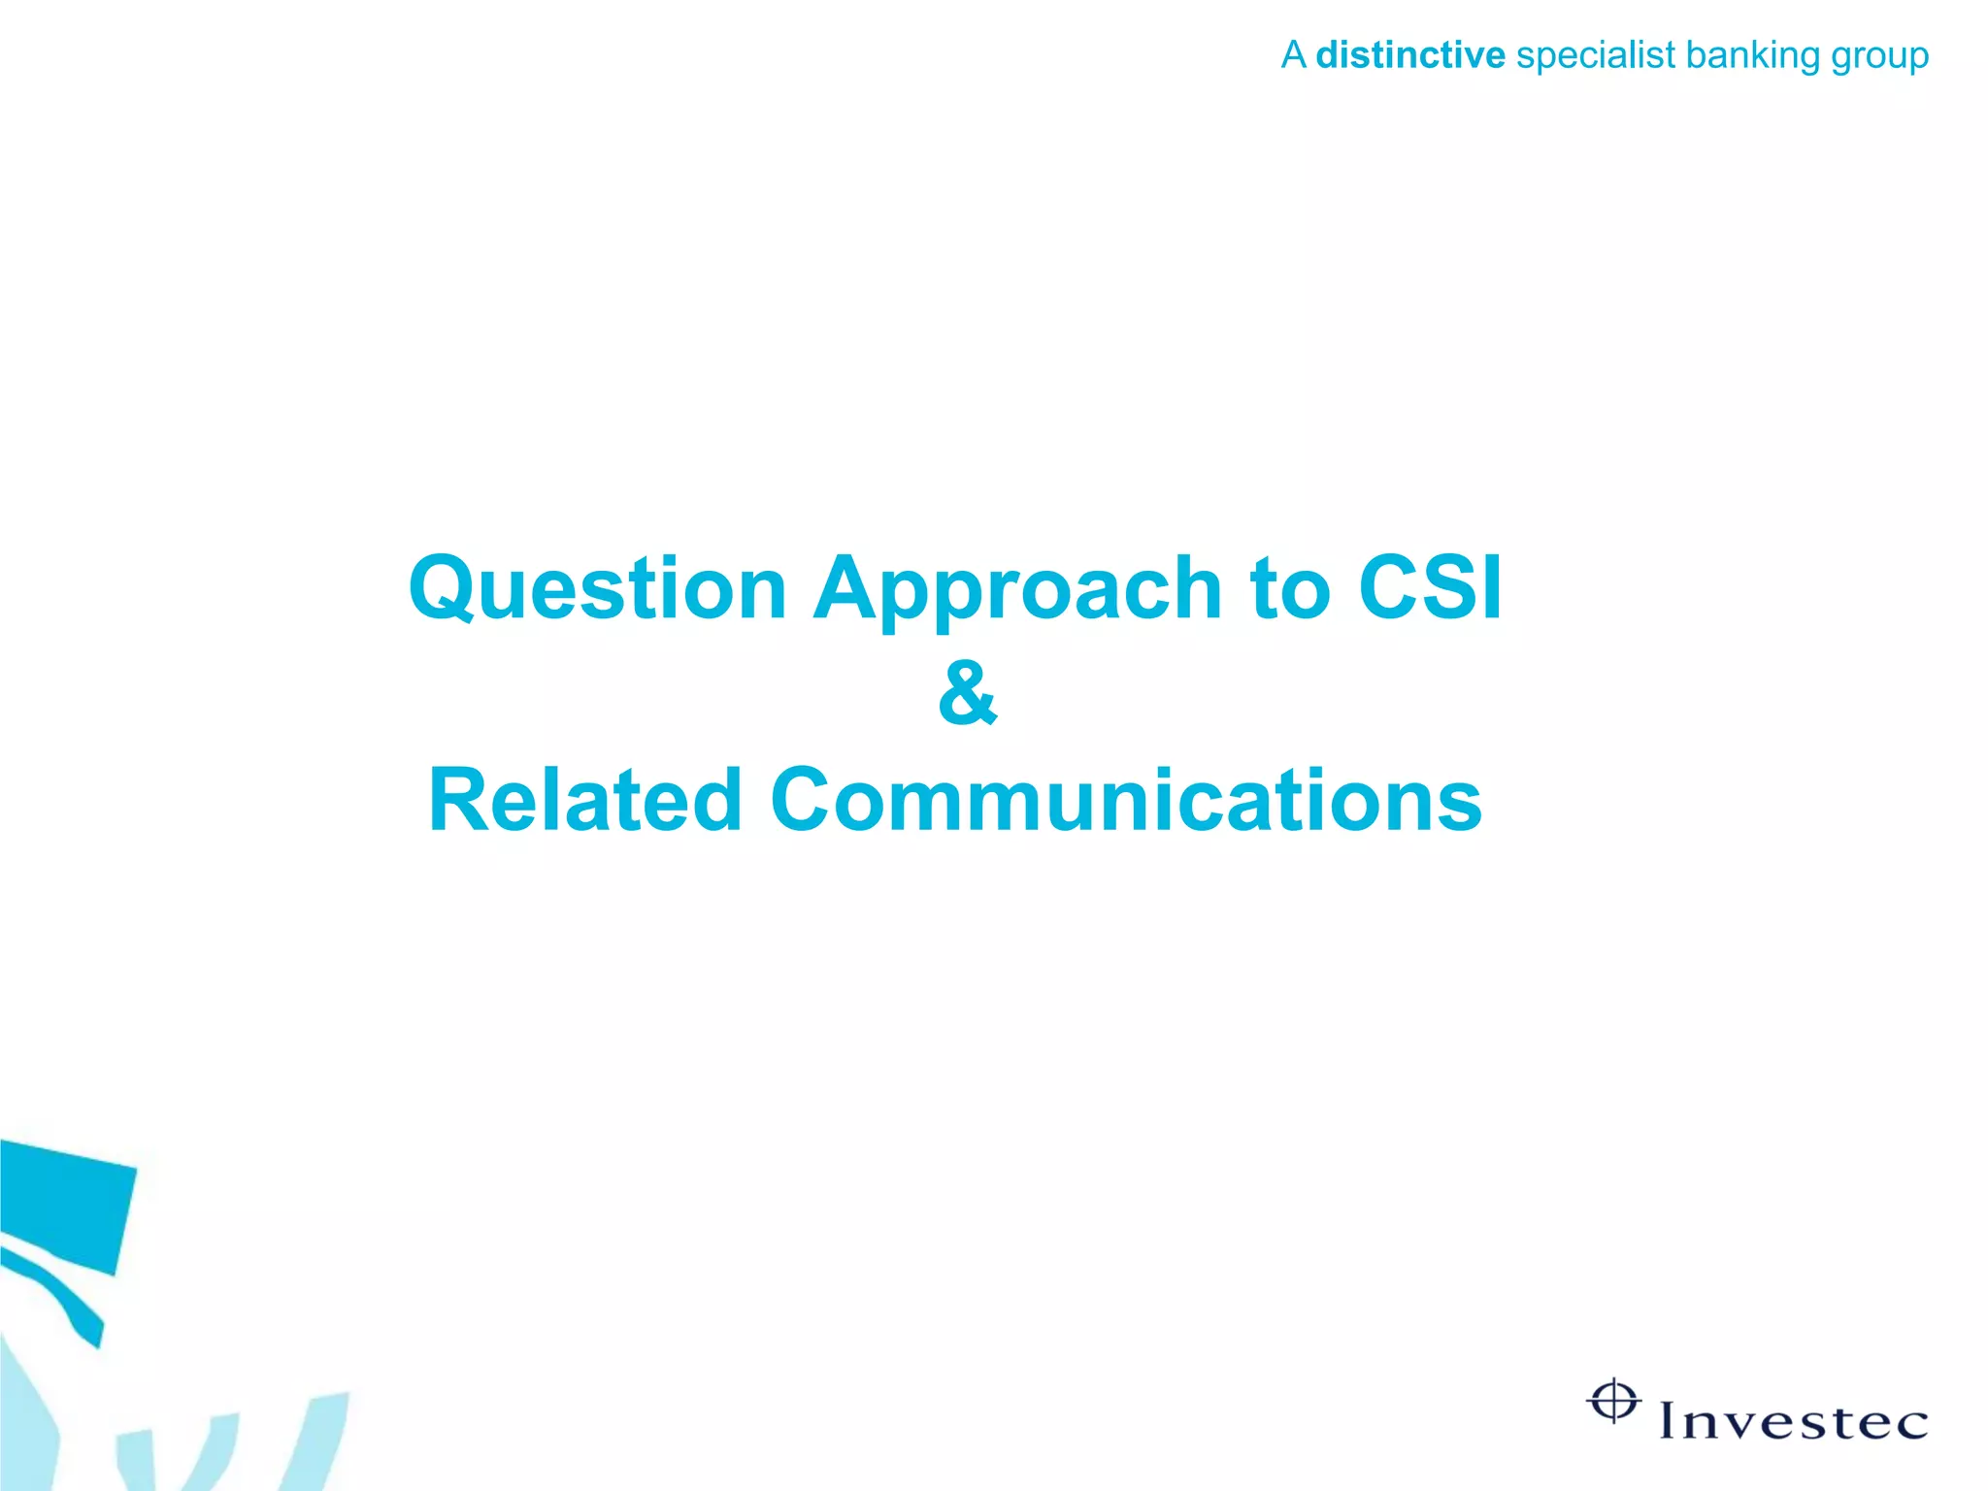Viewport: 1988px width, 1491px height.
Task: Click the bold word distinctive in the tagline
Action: click(x=1409, y=55)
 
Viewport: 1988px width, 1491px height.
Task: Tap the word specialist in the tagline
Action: click(x=1596, y=56)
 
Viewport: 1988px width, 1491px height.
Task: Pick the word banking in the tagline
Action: click(x=1753, y=56)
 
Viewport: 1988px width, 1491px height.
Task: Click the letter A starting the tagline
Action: click(x=1293, y=55)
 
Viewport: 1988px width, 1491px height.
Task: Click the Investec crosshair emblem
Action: click(x=1613, y=1401)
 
